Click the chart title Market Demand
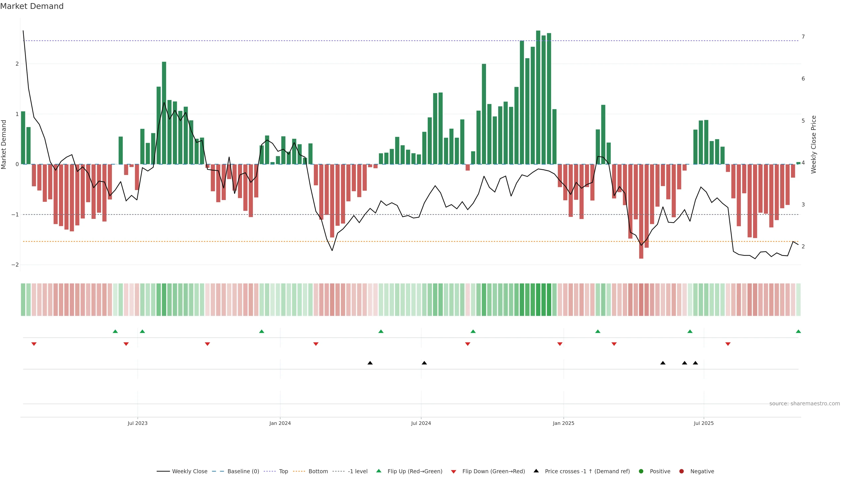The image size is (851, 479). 32,6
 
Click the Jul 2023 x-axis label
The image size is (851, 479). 137,423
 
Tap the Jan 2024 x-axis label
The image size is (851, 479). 280,423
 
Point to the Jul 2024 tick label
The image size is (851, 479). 421,423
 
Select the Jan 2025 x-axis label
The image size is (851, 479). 563,423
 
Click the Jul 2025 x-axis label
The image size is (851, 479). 704,423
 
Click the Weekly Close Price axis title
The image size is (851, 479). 813,144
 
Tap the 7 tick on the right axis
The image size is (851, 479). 803,37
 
